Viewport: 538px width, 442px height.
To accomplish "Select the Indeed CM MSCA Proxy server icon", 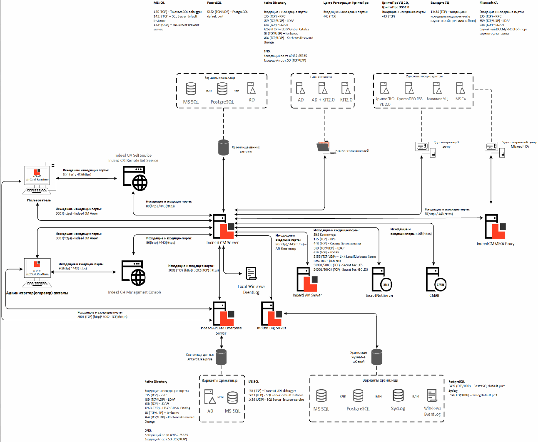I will [495, 227].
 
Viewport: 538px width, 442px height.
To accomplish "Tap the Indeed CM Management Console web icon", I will [134, 273].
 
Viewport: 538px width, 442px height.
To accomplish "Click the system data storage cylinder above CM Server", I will [224, 148].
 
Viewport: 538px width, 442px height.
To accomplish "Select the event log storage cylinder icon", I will [377, 357].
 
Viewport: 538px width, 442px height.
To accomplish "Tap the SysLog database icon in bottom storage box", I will [398, 395].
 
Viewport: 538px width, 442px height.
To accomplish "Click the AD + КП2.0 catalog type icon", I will [323, 89].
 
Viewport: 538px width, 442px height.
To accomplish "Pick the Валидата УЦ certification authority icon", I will [437, 88].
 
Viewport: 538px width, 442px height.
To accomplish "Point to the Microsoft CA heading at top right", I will [488, 3].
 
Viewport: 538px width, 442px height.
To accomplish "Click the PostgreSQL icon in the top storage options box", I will [222, 89].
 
